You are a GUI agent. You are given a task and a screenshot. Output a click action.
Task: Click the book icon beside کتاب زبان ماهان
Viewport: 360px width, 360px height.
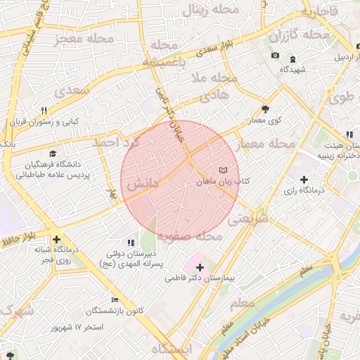223,170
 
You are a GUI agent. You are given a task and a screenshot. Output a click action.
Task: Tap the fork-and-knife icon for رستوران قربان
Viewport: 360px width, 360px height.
44,110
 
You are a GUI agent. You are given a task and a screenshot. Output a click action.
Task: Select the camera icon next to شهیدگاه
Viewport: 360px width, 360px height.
275,56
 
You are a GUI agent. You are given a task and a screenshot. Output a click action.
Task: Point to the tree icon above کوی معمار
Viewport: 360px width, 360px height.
265,109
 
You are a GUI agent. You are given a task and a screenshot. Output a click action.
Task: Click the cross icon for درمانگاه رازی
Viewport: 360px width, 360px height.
304,179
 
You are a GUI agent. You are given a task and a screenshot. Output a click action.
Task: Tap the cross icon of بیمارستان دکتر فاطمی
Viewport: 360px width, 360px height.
200,267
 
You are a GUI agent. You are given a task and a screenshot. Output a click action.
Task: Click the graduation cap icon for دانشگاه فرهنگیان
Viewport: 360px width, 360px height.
53,153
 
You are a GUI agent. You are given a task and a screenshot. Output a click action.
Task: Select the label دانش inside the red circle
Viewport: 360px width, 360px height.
144,184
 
